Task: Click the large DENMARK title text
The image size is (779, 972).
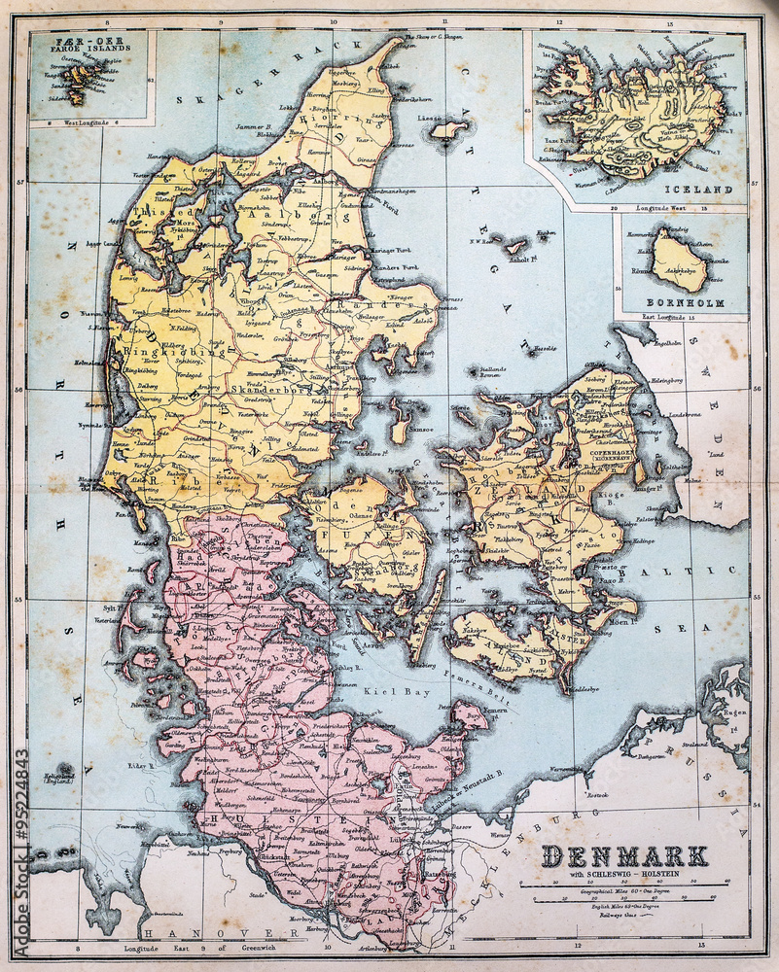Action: click(x=624, y=855)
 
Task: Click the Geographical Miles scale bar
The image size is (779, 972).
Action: click(x=624, y=885)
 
